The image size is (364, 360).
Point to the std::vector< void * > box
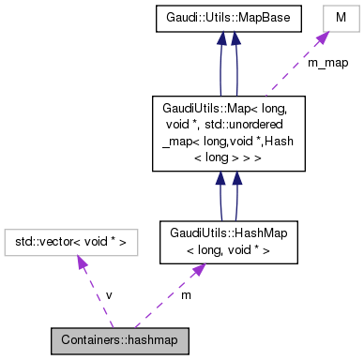coord(71,244)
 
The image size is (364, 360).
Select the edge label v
coord(109,294)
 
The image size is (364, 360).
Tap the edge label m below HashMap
coord(186,294)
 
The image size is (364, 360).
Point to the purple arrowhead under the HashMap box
coord(199,269)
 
